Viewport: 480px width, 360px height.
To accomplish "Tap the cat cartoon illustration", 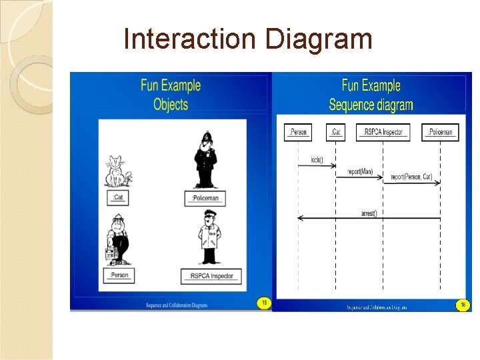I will tap(117, 171).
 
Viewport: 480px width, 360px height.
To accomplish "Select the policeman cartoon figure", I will tap(205, 161).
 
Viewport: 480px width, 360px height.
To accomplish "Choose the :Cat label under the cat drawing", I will tap(119, 197).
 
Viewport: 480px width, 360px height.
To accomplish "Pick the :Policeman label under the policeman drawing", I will tap(205, 198).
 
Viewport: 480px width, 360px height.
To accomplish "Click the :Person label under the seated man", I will tap(120, 275).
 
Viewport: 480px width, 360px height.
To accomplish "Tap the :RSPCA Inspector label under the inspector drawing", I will tap(211, 276).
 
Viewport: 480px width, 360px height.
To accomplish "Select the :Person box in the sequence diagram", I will tap(297, 132).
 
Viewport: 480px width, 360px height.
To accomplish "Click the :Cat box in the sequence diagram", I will tap(336, 132).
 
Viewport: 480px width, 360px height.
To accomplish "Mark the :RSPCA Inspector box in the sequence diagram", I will tap(383, 132).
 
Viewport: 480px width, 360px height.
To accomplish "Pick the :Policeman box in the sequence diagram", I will tap(440, 132).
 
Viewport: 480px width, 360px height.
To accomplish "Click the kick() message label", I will tap(317, 160).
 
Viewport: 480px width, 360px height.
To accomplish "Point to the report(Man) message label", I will tap(359, 172).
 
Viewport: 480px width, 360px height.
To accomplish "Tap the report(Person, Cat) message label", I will tap(411, 177).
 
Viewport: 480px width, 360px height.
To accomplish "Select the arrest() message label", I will tap(369, 213).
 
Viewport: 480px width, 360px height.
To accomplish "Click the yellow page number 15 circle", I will tap(264, 303).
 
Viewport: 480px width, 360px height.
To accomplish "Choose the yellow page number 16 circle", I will tap(463, 305).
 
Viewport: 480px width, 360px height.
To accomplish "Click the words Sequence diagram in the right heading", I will tap(371, 105).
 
